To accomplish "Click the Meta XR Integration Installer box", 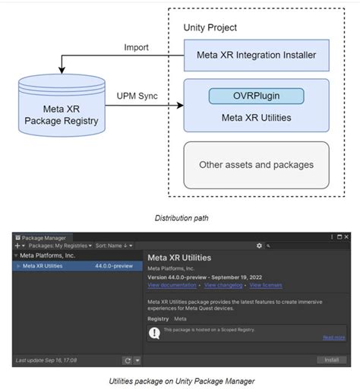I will coord(256,55).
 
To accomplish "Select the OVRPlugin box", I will coord(256,96).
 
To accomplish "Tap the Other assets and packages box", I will coord(256,164).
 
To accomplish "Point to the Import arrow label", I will coord(136,48).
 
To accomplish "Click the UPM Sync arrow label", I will coord(137,96).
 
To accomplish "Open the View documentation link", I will coord(172,285).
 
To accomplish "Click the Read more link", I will coord(333,337).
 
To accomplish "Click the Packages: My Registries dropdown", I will coord(62,245).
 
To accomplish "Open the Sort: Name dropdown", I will coord(114,245).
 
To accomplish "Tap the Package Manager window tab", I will coord(43,237).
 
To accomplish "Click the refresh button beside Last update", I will coord(127,360).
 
